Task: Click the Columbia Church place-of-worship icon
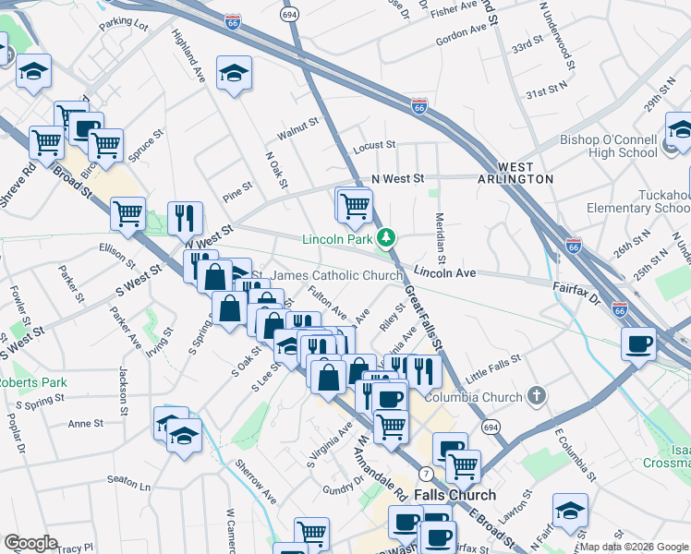coord(538,397)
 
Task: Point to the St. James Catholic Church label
coord(323,275)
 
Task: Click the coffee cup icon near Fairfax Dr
coord(638,344)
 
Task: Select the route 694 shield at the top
coord(291,16)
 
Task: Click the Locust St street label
coord(374,145)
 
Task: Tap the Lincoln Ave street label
coord(444,273)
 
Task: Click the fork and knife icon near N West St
coord(185,218)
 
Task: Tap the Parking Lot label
coord(124,23)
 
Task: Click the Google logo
coord(31,543)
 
